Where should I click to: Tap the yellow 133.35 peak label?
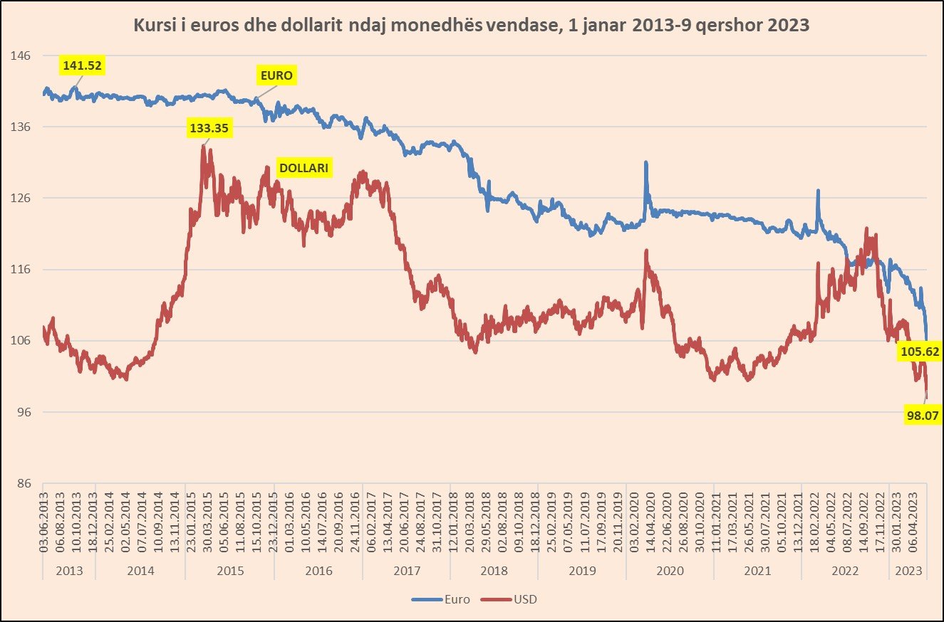[x=211, y=129]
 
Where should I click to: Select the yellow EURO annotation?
[x=276, y=75]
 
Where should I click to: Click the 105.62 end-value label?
[x=919, y=351]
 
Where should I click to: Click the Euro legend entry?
[x=441, y=599]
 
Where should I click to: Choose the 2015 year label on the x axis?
[x=229, y=571]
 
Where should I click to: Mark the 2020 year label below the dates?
[x=670, y=571]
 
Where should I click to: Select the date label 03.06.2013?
[x=44, y=523]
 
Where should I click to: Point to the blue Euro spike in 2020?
[x=645, y=163]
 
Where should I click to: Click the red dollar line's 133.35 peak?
[x=204, y=147]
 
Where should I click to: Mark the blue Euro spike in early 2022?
[x=818, y=191]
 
